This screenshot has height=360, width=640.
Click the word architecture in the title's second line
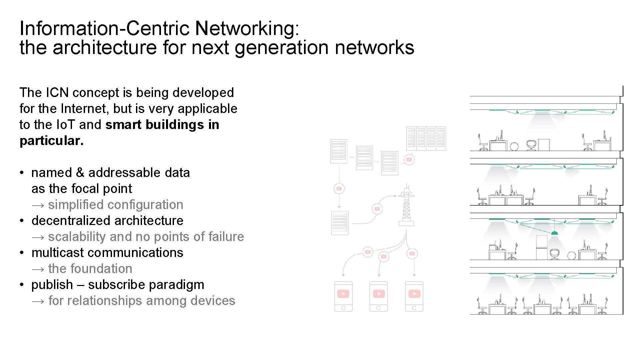105,47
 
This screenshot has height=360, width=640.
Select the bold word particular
51,141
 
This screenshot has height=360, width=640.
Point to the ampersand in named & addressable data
80,173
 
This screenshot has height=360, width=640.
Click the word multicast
57,253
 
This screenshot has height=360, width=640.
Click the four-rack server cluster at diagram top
426,138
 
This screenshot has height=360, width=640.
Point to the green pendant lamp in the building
554,232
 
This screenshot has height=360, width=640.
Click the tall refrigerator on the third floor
542,247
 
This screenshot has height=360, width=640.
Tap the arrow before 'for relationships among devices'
38,301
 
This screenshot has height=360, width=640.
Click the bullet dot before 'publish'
22,285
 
